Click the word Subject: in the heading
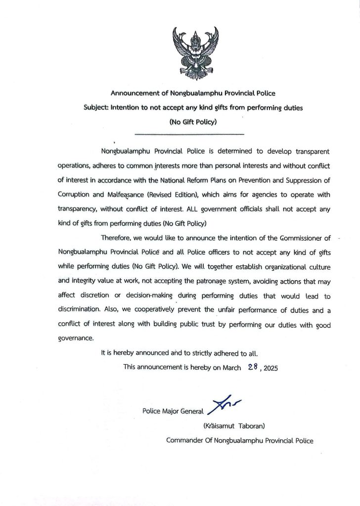(x=97, y=107)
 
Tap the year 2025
(x=270, y=368)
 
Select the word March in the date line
(x=231, y=368)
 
